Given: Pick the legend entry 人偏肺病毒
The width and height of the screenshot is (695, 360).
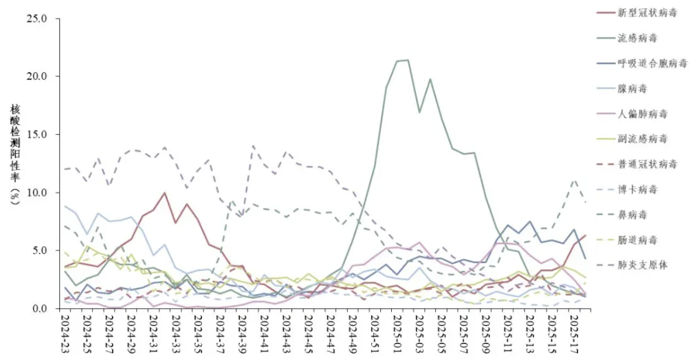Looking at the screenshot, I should click(642, 113).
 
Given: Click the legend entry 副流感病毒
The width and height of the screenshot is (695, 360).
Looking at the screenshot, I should click(642, 139).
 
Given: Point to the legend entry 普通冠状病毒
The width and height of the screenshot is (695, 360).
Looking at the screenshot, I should click(648, 164).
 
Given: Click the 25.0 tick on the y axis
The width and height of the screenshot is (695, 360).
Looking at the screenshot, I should click(36, 19).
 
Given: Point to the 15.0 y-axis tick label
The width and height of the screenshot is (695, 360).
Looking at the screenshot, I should click(36, 135).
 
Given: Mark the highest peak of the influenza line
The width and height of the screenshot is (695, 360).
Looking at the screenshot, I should click(408, 60).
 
